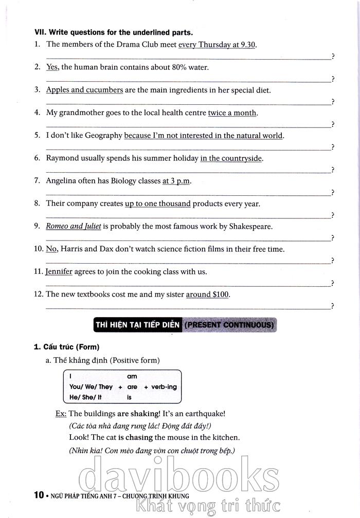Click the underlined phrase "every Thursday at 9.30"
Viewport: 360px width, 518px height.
(217, 44)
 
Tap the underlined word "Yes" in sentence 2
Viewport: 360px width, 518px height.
(52, 67)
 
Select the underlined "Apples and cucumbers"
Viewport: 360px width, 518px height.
(84, 90)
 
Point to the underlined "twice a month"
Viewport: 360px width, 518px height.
(232, 113)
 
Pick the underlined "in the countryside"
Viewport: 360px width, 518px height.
(231, 158)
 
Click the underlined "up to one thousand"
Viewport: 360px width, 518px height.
(157, 203)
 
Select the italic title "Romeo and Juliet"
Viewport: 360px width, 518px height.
(74, 226)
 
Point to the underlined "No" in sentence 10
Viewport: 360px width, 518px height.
(51, 249)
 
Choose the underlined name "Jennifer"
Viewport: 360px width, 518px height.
(59, 272)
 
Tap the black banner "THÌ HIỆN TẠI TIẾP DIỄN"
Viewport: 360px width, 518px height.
(137, 325)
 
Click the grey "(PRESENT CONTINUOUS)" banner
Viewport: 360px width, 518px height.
(229, 325)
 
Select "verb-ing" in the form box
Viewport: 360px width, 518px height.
(164, 387)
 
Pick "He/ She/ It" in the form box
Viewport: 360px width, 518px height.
(85, 397)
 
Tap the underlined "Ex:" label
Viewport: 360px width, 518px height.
(61, 413)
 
